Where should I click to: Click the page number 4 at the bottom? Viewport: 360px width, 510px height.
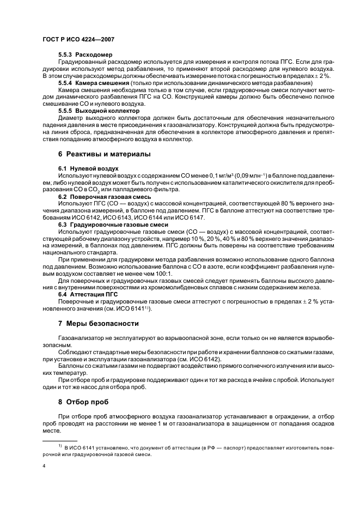44,466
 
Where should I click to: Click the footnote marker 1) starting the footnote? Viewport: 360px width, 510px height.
59,446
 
